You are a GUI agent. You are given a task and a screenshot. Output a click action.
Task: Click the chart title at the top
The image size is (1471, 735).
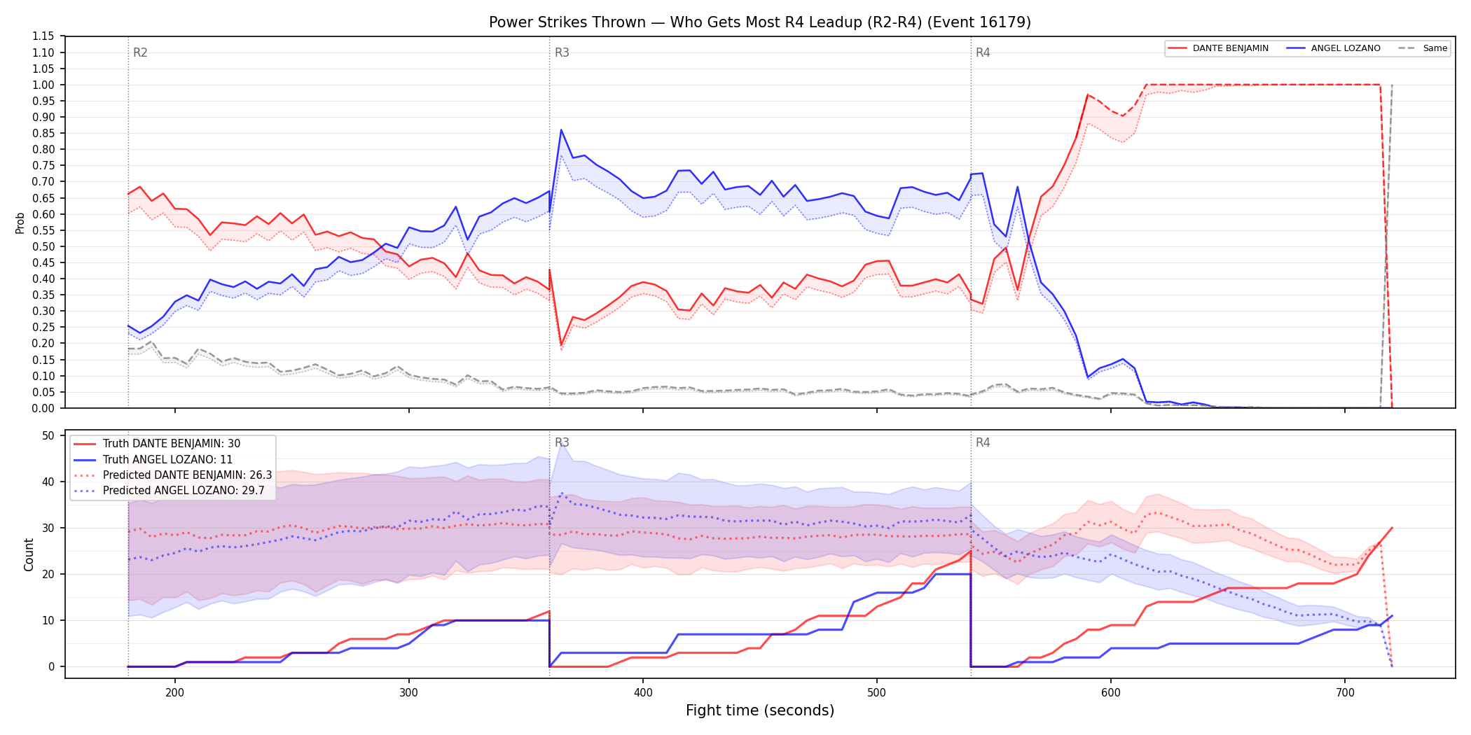pos(760,22)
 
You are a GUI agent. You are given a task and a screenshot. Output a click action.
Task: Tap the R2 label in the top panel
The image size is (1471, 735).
pos(140,52)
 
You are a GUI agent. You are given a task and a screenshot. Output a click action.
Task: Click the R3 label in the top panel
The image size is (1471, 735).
pos(562,52)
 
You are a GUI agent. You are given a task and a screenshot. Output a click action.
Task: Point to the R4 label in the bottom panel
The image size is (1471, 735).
pos(983,442)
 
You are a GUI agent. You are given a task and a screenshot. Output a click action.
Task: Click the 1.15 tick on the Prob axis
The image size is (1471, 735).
pos(43,36)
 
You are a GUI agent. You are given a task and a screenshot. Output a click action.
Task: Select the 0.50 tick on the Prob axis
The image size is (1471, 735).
pos(43,246)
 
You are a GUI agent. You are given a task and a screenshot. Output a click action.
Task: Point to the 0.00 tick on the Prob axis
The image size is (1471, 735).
pos(43,408)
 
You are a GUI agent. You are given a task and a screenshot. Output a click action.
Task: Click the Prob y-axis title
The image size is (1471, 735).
pos(20,223)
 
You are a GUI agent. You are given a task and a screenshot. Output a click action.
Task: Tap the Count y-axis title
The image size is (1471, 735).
pos(29,554)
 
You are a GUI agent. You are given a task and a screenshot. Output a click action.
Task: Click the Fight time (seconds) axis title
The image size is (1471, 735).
pos(760,710)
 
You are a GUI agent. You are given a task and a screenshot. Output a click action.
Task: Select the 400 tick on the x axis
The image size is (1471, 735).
pos(643,692)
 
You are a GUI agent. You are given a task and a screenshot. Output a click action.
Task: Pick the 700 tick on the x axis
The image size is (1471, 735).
pos(1345,692)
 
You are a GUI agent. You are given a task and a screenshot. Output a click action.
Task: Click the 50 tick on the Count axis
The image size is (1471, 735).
pos(48,435)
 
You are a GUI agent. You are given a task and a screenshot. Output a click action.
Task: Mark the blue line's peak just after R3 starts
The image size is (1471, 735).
pos(561,129)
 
